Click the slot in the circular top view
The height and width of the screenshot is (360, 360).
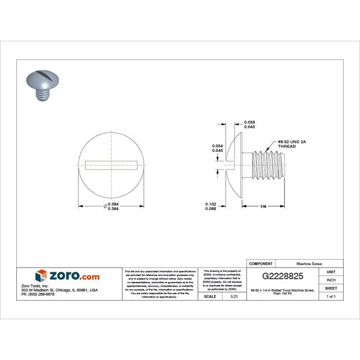(112, 163)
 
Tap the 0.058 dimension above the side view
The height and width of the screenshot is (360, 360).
(250, 122)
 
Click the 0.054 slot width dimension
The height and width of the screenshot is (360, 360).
(218, 146)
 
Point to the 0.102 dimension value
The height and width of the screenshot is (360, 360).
(211, 204)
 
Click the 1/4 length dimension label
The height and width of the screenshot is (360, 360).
(263, 206)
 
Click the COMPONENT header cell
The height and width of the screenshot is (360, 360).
(262, 263)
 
